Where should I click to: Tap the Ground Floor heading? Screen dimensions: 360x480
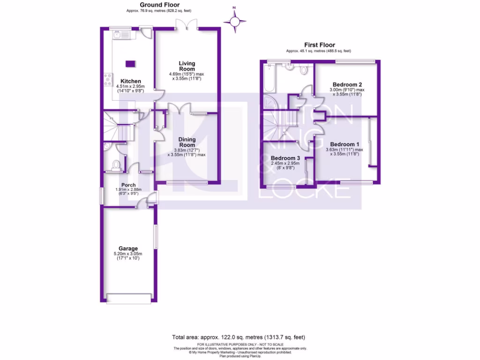160,5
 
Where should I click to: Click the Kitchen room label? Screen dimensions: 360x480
130,82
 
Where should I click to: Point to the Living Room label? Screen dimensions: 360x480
187,66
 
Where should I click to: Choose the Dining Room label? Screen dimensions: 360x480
187,142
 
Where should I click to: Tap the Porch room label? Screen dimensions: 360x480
128,185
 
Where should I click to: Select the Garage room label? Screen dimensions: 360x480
128,248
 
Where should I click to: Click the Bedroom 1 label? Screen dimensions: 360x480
345,144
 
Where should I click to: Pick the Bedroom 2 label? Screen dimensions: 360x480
347,84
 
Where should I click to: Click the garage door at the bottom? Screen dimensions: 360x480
129,298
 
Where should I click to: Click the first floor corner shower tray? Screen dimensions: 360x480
270,102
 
